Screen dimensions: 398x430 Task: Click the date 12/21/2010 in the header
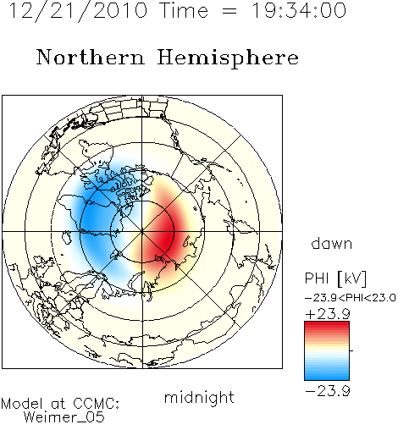click(78, 11)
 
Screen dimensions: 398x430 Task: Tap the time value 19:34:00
click(299, 10)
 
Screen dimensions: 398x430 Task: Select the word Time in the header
click(184, 10)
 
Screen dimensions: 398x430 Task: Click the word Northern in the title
click(91, 58)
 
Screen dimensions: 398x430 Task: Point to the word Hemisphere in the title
click(228, 58)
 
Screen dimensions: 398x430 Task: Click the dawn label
click(332, 243)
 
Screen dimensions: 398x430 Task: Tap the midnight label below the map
click(199, 398)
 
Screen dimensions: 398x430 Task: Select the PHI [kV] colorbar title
click(335, 278)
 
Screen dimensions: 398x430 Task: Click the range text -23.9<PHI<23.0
click(351, 298)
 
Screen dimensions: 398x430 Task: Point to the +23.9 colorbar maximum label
click(328, 314)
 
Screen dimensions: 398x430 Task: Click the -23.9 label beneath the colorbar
click(328, 391)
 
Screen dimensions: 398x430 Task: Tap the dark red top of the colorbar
click(327, 324)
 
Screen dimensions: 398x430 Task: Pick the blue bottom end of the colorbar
click(327, 377)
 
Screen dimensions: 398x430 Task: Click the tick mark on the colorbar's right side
click(351, 350)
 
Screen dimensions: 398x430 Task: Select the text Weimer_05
click(64, 416)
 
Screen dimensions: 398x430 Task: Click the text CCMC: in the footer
click(97, 404)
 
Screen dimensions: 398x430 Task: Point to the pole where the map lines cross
click(142, 232)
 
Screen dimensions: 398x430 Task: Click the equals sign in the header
click(229, 11)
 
